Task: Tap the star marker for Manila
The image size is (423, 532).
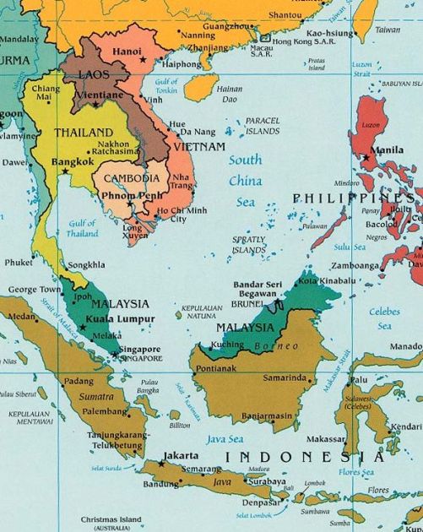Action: [x=367, y=157]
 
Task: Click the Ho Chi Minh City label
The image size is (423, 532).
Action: [x=181, y=214]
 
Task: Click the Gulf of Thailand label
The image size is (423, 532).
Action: [x=82, y=228]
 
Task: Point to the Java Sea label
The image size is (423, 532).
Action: [x=225, y=439]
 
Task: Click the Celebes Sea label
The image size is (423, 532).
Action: [x=385, y=318]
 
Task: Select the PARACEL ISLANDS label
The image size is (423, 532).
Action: [x=262, y=127]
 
